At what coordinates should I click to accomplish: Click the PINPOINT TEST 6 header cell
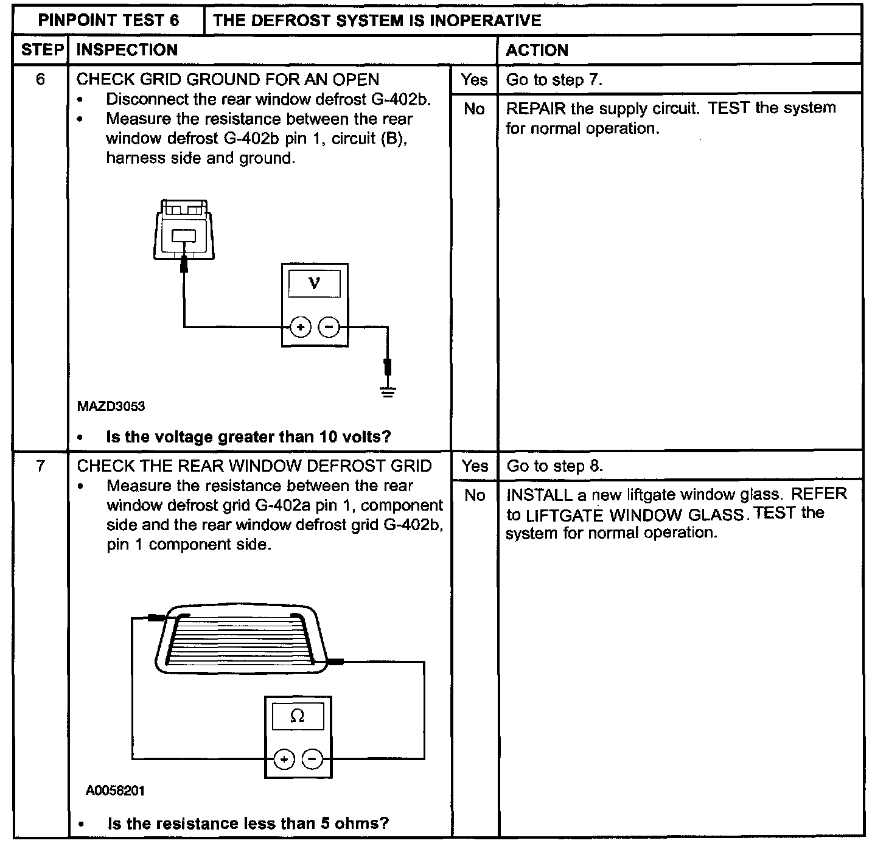[109, 21]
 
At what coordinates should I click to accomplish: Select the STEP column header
[41, 50]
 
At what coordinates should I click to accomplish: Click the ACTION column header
[537, 50]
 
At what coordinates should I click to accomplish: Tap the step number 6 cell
[40, 80]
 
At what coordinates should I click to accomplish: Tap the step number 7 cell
[40, 466]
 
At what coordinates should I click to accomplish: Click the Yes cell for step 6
[474, 80]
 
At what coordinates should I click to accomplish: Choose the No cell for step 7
[474, 495]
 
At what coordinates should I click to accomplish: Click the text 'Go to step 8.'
[554, 466]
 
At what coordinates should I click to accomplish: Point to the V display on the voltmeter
[314, 283]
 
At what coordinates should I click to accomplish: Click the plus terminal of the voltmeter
[300, 327]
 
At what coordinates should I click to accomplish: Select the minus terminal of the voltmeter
[329, 327]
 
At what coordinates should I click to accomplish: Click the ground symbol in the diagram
[388, 391]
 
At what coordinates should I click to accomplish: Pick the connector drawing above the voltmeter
[184, 230]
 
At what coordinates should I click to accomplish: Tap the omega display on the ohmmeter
[298, 716]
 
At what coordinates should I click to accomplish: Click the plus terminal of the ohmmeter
[284, 759]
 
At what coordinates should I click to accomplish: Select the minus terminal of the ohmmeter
[312, 759]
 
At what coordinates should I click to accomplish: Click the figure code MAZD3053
[111, 407]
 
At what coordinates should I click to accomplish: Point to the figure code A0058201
[115, 791]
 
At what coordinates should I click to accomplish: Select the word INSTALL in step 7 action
[539, 494]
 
